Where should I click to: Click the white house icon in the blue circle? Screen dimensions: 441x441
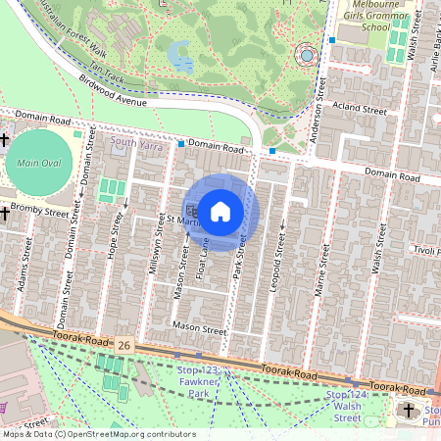220,210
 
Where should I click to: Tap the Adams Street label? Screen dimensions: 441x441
23,281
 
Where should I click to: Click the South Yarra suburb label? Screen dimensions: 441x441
134,142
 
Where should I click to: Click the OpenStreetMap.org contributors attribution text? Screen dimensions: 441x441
127,434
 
